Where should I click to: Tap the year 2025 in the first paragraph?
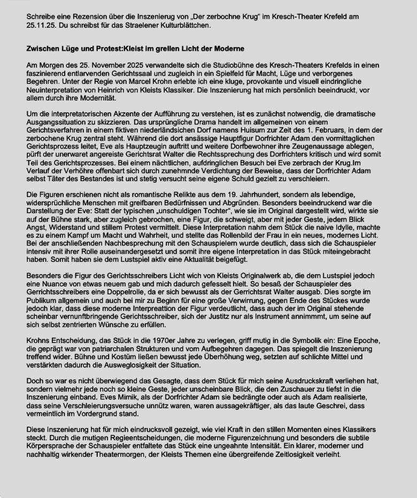(x=102, y=65)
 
